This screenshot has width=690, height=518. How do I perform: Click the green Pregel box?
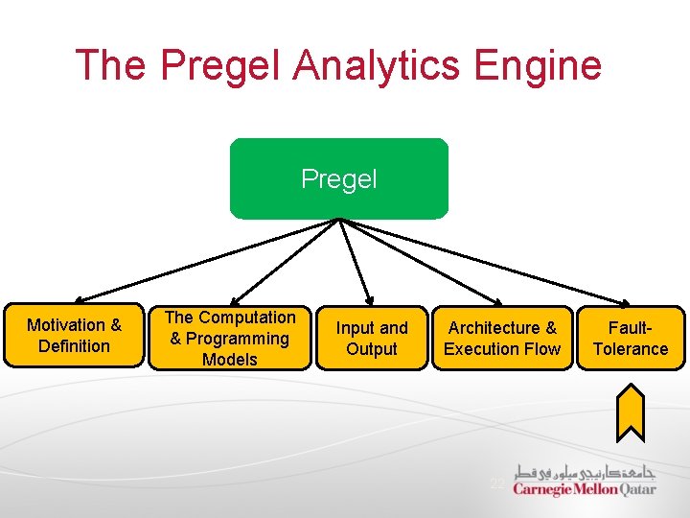(x=338, y=179)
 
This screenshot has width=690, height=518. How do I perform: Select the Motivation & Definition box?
(x=74, y=336)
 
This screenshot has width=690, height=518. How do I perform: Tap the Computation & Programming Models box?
(x=230, y=338)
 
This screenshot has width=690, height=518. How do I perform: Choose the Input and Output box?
(x=372, y=338)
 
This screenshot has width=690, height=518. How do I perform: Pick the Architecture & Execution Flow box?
(x=501, y=338)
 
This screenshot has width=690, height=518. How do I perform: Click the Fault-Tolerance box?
(x=630, y=338)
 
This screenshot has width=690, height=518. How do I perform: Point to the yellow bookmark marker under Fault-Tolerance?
(x=630, y=411)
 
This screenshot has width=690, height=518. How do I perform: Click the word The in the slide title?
(x=111, y=65)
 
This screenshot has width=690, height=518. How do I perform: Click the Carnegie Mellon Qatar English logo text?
(x=584, y=489)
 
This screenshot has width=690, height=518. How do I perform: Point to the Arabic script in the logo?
(x=584, y=471)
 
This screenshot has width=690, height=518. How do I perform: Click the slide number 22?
(x=496, y=483)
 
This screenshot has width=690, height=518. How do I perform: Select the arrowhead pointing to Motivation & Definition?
(x=80, y=299)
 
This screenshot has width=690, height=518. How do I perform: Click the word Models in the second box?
(x=230, y=360)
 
